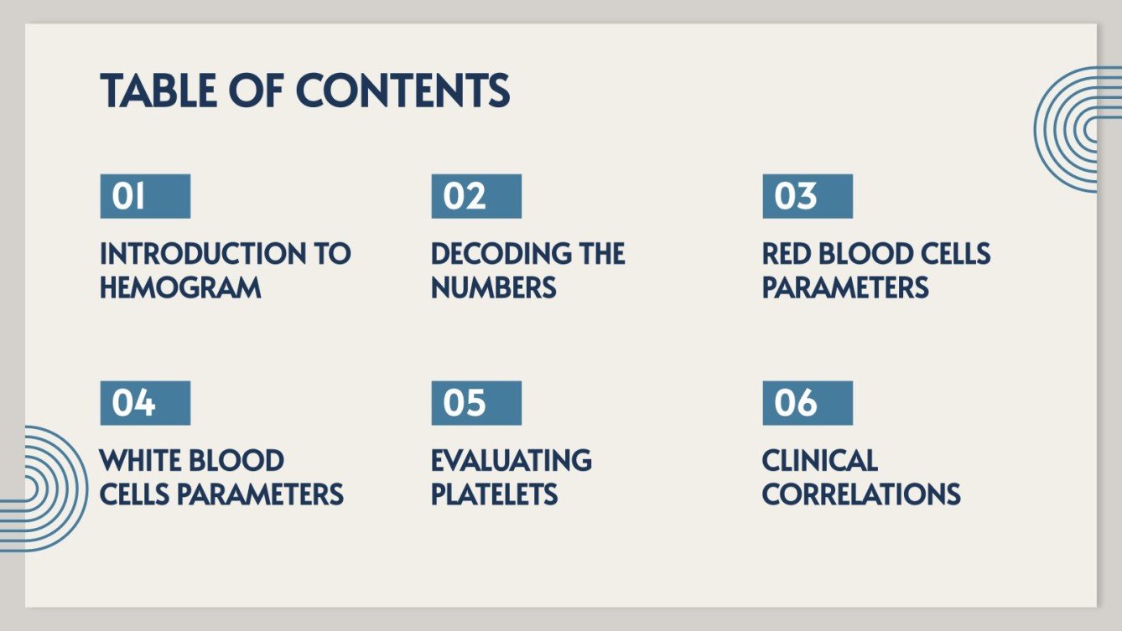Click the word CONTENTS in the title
pos(403,91)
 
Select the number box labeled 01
pos(145,196)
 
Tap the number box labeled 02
pos(476,196)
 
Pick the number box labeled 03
pos(808,196)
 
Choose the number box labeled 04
pos(145,403)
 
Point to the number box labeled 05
pos(476,403)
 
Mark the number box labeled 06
pos(808,403)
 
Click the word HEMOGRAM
pos(180,288)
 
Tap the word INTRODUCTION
pos(202,254)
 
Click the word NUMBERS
pos(493,288)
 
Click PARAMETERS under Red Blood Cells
pos(845,288)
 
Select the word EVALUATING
pos(512,461)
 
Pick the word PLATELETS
pos(495,494)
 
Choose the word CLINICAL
pos(819,461)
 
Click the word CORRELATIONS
pos(861,494)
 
